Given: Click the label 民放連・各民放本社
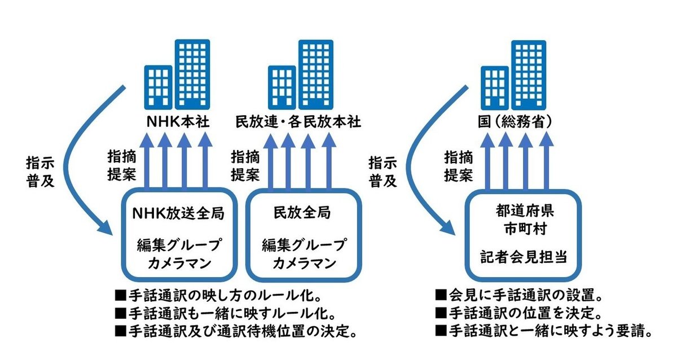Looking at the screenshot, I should [x=297, y=122].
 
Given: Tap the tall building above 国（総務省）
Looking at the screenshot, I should [x=529, y=73].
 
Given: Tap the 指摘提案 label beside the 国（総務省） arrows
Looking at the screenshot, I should [x=458, y=165].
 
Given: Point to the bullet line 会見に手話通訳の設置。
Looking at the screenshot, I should [x=518, y=296].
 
